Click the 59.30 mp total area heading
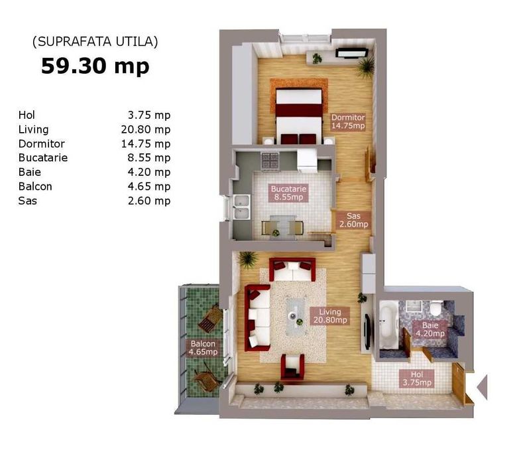(95, 66)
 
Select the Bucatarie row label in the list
(43, 158)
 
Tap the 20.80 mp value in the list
(146, 129)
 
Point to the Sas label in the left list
(28, 200)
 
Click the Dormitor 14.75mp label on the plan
(348, 121)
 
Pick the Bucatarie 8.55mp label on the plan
(289, 193)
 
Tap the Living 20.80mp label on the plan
(330, 316)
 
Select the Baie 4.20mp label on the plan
(430, 329)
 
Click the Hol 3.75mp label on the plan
(417, 378)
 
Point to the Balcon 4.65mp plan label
(203, 348)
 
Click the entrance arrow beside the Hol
(482, 387)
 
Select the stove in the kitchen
(270, 161)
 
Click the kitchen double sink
(241, 206)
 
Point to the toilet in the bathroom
(437, 307)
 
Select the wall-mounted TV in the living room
(367, 331)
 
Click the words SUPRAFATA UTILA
(95, 42)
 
